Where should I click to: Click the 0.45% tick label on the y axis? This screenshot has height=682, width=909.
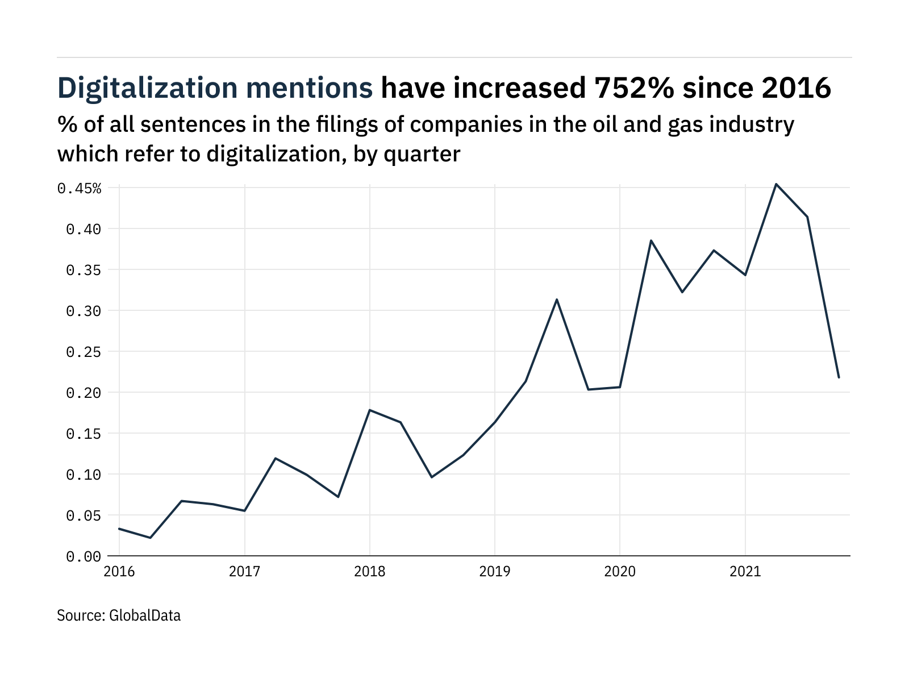coord(80,189)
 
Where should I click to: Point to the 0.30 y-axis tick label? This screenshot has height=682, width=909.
coord(84,311)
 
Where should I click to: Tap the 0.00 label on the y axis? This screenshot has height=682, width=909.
coord(84,557)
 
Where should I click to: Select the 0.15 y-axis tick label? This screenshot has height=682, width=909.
coord(84,434)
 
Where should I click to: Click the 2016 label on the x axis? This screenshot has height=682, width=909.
coord(119,571)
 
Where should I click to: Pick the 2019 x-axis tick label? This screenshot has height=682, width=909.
coord(494,571)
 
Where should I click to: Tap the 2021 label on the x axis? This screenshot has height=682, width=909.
coord(745,571)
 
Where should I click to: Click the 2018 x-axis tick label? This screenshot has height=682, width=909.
coord(369,571)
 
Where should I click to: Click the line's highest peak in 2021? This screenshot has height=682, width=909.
coord(776,184)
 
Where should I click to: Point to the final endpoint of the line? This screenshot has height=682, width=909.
coord(839,377)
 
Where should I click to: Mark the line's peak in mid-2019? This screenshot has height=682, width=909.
coord(557,300)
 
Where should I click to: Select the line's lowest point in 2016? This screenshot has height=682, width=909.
coord(151,538)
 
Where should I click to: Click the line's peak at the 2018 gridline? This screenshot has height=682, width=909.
coord(370,410)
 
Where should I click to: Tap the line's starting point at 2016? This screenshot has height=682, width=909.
coord(119,529)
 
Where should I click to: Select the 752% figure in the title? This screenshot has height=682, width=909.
coord(634,89)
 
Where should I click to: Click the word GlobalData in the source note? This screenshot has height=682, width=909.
coord(144,616)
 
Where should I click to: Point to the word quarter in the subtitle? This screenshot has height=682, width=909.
coord(422,154)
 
